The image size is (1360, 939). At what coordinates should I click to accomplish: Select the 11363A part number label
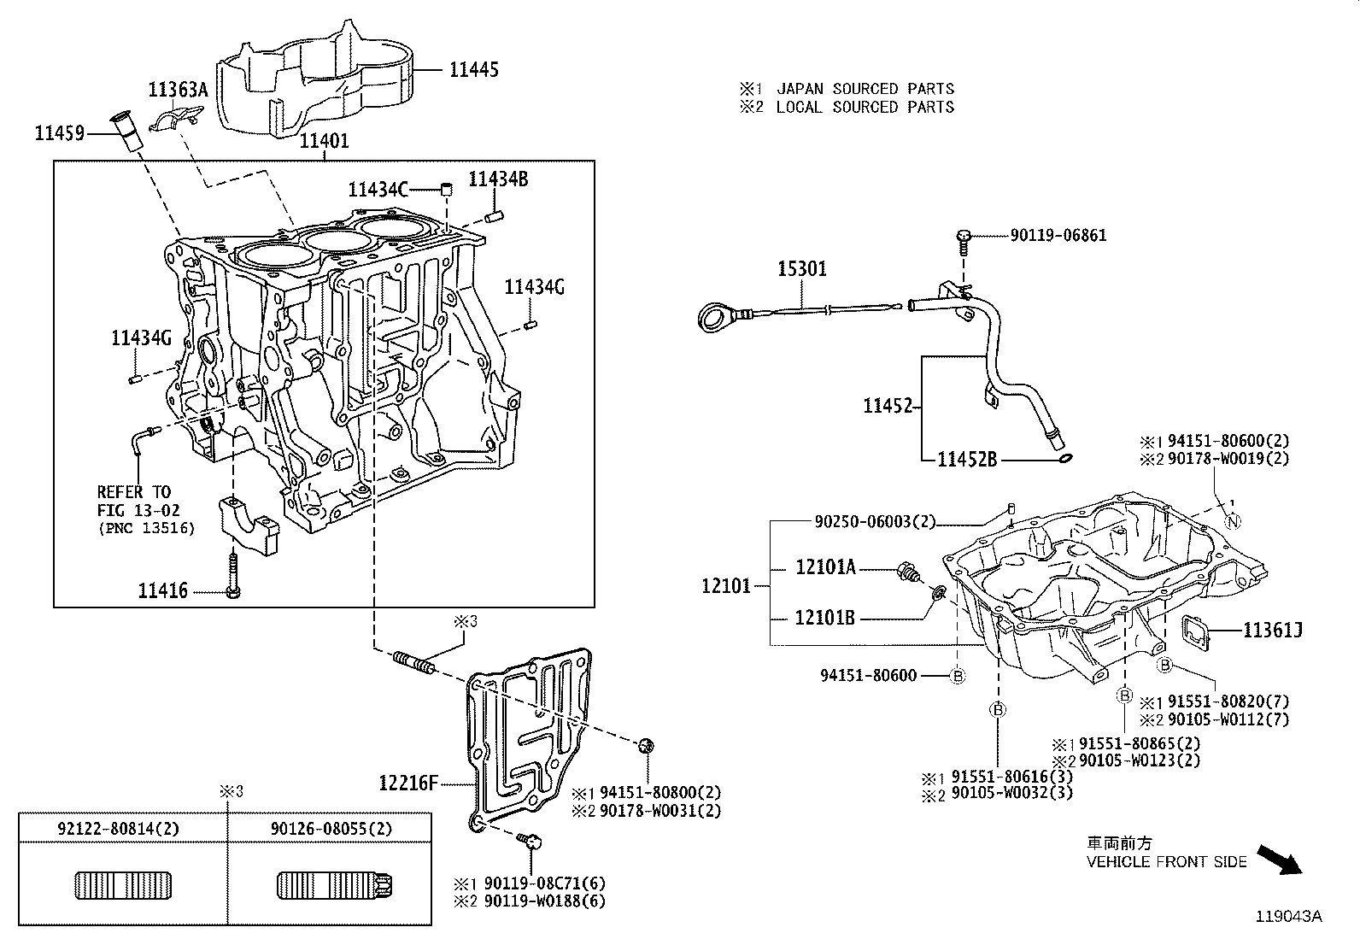coord(178,89)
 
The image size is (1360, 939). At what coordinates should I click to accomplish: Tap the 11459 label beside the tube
coord(59,132)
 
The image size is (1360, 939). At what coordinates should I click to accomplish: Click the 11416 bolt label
coord(162,590)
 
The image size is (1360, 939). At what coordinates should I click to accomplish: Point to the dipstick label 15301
coord(801,269)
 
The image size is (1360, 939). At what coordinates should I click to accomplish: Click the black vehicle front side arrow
coord(1281,860)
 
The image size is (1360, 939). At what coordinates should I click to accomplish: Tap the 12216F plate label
coord(408,782)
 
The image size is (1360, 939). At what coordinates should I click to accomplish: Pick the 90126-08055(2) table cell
coord(331,828)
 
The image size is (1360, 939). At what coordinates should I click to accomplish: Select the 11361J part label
coord(1272,631)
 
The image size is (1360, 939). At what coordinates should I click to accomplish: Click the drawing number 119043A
coord(1288,916)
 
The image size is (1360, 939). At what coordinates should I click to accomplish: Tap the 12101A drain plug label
coord(825,566)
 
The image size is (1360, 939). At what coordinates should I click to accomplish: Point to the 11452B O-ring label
coord(967,460)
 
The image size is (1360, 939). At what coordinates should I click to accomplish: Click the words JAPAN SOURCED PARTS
coord(865,88)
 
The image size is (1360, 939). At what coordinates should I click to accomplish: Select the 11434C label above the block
coord(377,189)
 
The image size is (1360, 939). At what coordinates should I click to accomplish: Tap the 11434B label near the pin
coord(498,179)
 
